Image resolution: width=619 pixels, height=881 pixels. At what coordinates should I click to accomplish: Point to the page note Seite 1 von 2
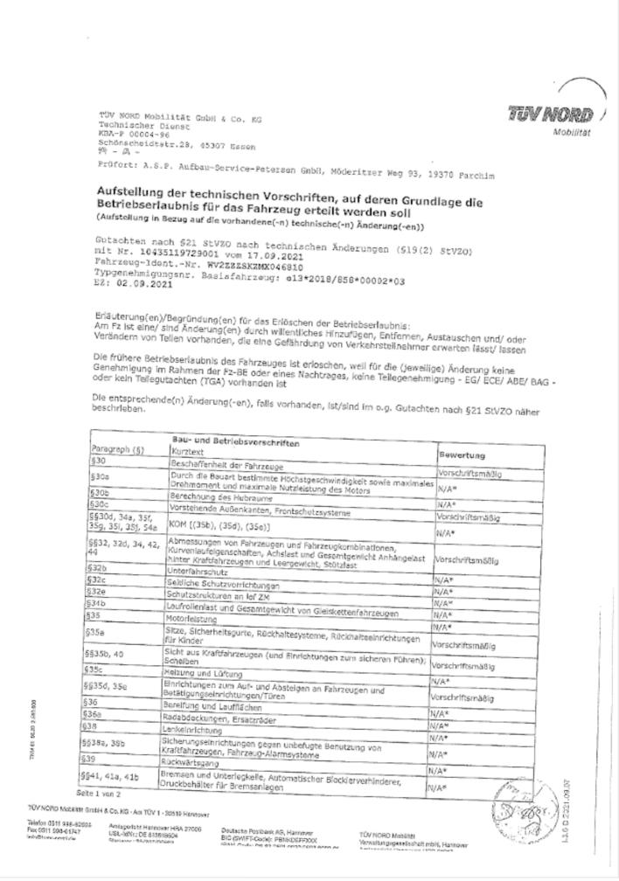tap(99, 794)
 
